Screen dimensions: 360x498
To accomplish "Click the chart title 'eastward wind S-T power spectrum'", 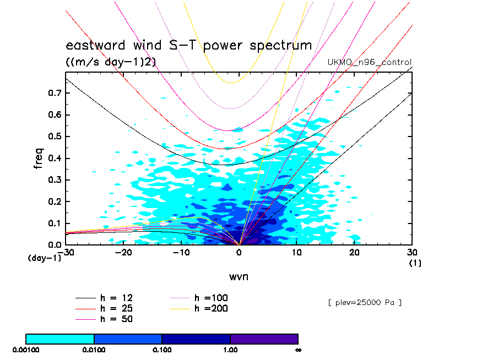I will [189, 45].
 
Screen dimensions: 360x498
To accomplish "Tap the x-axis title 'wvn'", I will [239, 276].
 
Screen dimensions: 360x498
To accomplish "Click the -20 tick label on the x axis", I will [124, 253].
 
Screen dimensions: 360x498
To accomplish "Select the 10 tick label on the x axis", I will [297, 253].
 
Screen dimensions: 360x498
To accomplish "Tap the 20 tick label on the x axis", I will [355, 253].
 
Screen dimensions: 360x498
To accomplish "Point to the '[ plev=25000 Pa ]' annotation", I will [365, 302].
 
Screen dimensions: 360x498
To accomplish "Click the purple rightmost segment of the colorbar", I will [264, 339].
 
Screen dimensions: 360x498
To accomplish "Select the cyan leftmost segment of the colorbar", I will [60, 339].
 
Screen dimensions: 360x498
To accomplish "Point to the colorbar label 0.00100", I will [26, 349].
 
